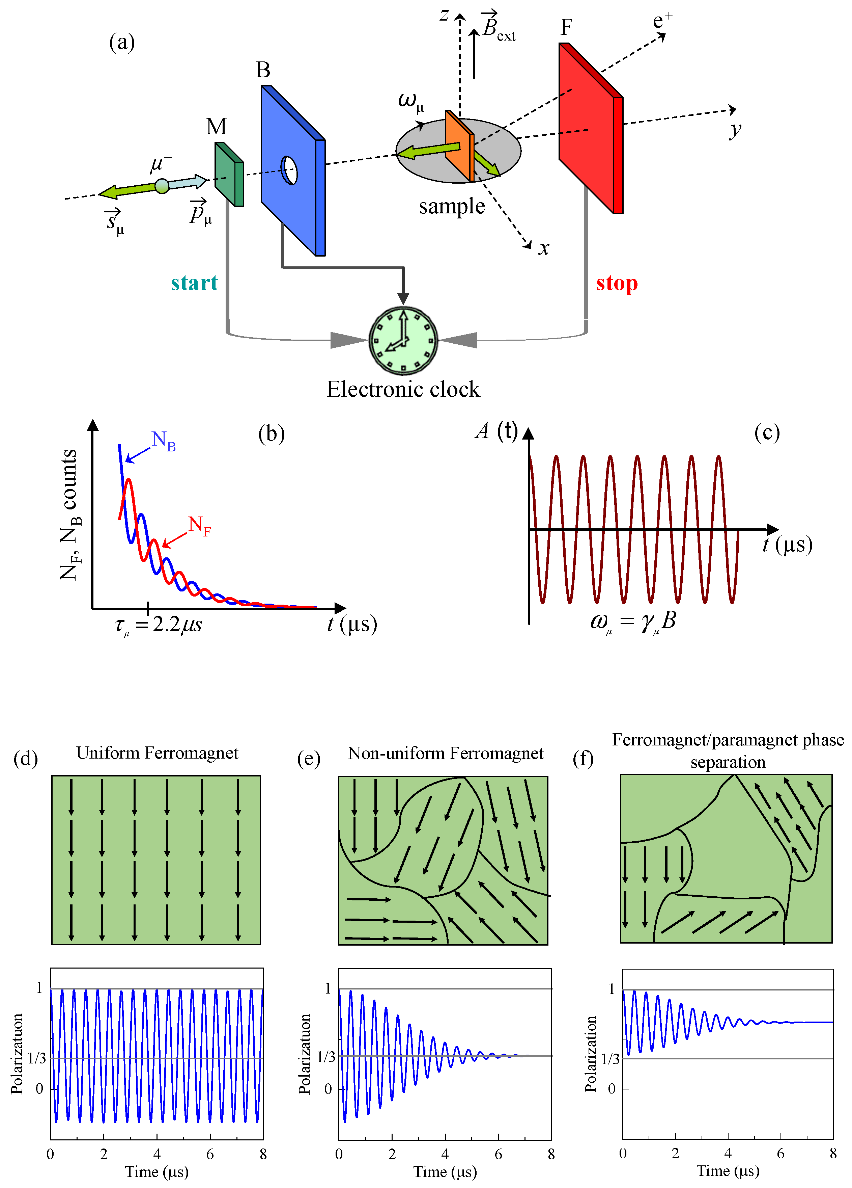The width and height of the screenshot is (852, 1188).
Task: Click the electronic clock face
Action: tap(403, 341)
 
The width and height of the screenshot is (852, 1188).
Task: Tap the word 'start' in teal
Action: tap(194, 283)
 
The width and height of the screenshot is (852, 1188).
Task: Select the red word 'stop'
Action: tap(617, 283)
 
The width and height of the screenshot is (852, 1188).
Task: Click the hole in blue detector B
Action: tap(289, 170)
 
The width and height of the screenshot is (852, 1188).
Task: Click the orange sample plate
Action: tap(459, 145)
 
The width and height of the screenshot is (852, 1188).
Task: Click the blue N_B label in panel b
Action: tap(163, 441)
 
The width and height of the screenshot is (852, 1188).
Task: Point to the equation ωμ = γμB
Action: tap(633, 621)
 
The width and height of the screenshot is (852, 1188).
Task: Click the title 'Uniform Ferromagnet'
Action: tap(157, 753)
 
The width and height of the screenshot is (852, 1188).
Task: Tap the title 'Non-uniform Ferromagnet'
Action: tap(445, 753)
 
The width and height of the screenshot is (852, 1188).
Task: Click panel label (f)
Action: tap(583, 759)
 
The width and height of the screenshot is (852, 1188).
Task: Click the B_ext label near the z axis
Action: tap(498, 27)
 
